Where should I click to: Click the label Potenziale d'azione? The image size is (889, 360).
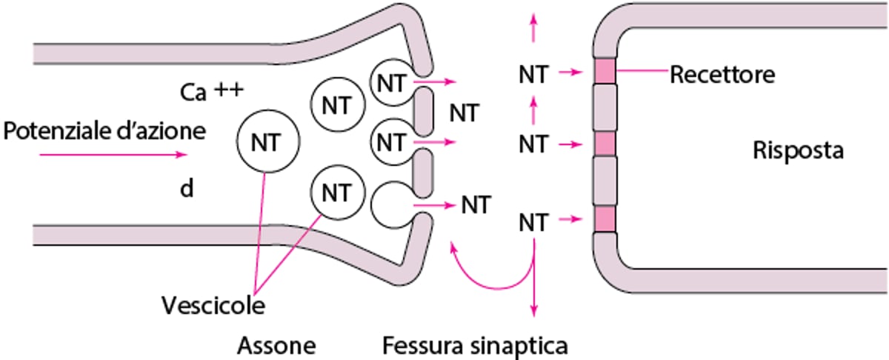pos(104,133)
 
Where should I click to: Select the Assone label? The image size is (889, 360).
pos(276,344)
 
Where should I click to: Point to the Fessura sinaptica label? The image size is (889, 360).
pos(476,344)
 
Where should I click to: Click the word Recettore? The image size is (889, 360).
pos(722,75)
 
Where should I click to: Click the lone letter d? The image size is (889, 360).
pos(187,190)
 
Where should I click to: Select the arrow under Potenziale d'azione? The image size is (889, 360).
pos(112,156)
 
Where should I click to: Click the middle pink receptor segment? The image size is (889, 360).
pos(605,143)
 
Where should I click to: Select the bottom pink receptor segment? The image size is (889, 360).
pos(605,219)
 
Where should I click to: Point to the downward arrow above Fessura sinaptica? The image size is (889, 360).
pos(534,293)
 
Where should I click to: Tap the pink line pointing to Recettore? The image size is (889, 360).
pos(642,71)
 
